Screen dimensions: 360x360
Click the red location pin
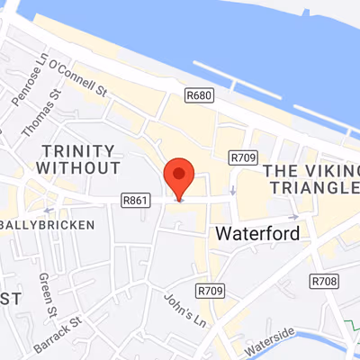pos(178,176)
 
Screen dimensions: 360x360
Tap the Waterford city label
pos(256,232)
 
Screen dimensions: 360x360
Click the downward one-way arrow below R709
pos(232,190)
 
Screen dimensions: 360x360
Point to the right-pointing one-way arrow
pos(293,216)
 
